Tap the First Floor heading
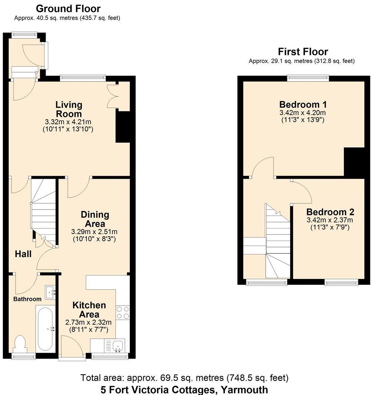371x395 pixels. (x=303, y=52)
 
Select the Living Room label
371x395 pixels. (x=69, y=109)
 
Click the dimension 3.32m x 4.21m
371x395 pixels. (x=69, y=122)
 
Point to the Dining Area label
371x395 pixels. (x=95, y=219)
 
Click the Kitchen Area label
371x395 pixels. (x=89, y=310)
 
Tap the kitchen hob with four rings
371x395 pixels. (x=123, y=312)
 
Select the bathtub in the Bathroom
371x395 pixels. (x=46, y=328)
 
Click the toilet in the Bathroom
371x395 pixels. (x=19, y=344)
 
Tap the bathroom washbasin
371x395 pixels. (x=50, y=292)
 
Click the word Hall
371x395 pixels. (x=23, y=254)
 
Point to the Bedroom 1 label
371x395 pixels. (x=303, y=104)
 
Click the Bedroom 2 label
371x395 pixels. (x=330, y=212)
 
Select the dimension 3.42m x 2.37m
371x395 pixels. (x=330, y=220)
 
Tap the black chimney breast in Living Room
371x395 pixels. (x=122, y=126)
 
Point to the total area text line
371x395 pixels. (x=184, y=378)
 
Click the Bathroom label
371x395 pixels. (x=27, y=299)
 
